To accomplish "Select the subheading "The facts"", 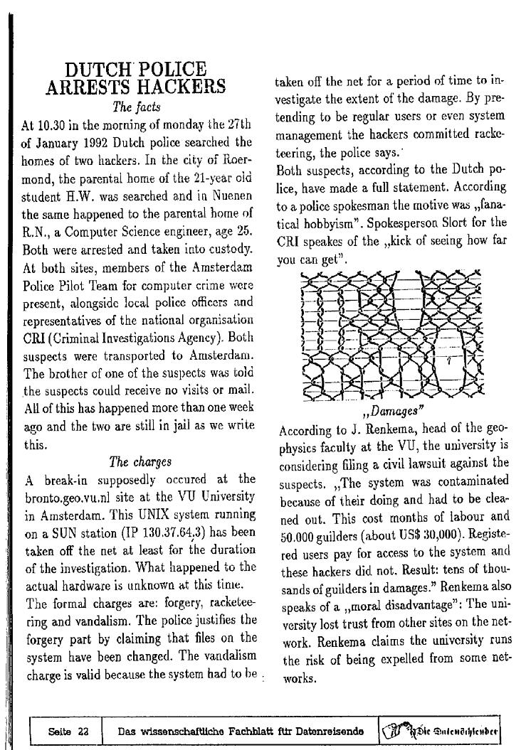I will [x=137, y=107].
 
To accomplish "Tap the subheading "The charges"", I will [x=140, y=461].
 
